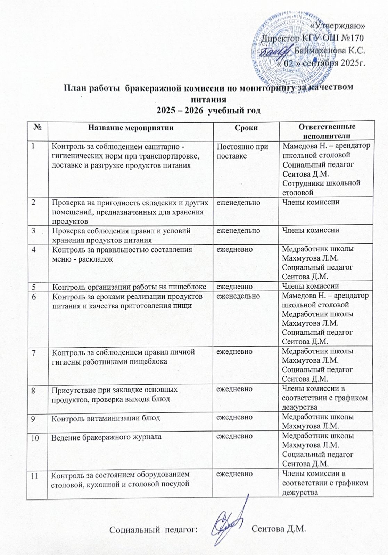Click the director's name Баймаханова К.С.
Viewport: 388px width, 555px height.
coord(330,51)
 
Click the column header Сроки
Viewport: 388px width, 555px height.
coord(246,128)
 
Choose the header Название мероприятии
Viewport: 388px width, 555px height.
coord(131,128)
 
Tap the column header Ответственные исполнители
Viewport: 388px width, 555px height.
coord(327,131)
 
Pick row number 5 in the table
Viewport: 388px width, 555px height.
coord(34,286)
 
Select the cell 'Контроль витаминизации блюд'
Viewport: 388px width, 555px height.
coord(106,418)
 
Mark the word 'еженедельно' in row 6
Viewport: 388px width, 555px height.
coord(238,296)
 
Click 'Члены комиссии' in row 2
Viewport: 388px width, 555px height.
coord(311,202)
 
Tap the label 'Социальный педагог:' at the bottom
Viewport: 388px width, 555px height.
coord(154,530)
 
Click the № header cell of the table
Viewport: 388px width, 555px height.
coord(37,128)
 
